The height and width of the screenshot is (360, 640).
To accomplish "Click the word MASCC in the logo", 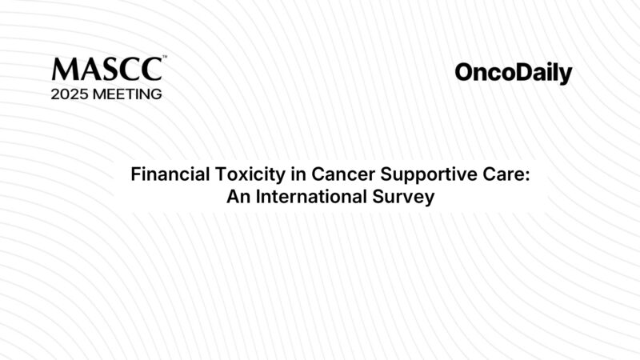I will (107, 69).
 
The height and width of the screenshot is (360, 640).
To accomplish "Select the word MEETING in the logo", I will (130, 94).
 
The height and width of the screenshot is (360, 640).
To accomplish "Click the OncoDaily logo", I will (514, 74).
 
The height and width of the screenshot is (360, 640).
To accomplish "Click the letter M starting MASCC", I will (62, 69).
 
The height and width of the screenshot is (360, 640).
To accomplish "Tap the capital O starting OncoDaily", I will (463, 74).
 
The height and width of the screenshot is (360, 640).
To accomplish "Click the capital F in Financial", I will (135, 174).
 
